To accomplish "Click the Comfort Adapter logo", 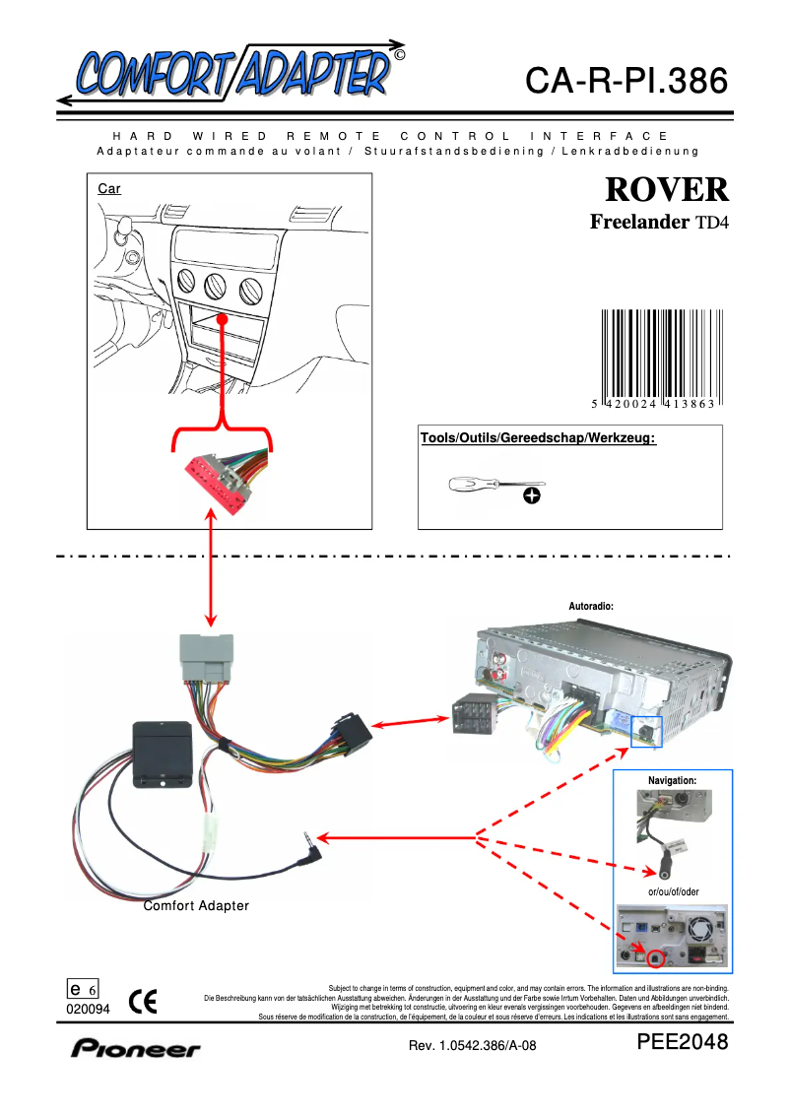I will (231, 72).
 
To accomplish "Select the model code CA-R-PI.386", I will (626, 81).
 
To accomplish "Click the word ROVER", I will (667, 189).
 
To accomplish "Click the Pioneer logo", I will (135, 1048).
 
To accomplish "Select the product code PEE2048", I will (683, 1042).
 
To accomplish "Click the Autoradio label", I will (591, 607).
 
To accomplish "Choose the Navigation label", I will (672, 780).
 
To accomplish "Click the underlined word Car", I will (109, 188).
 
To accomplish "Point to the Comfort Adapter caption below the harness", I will (196, 905).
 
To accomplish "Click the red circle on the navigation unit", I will (653, 954).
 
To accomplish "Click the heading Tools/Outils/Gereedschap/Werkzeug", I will (538, 437).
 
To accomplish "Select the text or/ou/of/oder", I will (673, 891).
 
